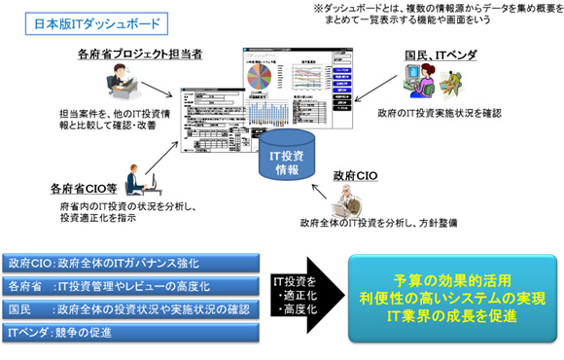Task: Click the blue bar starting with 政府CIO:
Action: [x=133, y=263]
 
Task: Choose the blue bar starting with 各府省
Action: [x=133, y=287]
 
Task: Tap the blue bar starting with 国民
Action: [x=133, y=310]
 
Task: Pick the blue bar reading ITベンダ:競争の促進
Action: [x=133, y=334]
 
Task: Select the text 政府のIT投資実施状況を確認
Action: [x=440, y=114]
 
